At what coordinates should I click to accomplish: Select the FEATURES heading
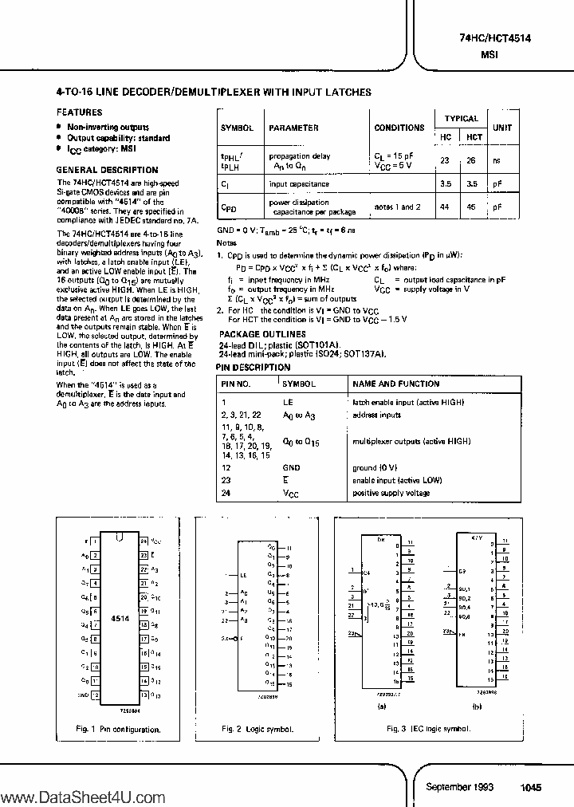click(x=79, y=113)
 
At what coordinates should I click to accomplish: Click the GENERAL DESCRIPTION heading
click(x=107, y=170)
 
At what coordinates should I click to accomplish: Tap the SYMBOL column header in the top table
click(x=237, y=128)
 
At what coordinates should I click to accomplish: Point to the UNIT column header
click(x=502, y=128)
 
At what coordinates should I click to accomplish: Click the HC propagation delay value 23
click(x=444, y=160)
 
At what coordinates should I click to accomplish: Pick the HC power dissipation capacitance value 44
click(x=444, y=207)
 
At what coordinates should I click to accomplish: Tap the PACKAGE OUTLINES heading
click(x=262, y=334)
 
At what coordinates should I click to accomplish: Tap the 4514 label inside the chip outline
click(x=120, y=617)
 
